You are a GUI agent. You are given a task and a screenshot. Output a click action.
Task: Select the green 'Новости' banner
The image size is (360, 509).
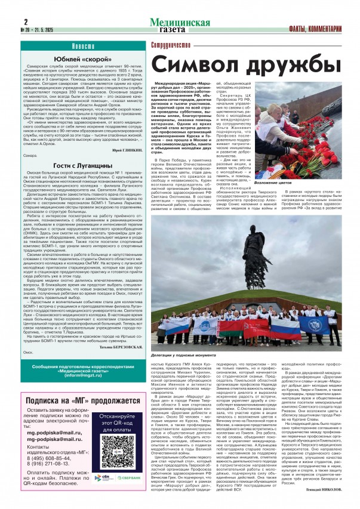point(78,47)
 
